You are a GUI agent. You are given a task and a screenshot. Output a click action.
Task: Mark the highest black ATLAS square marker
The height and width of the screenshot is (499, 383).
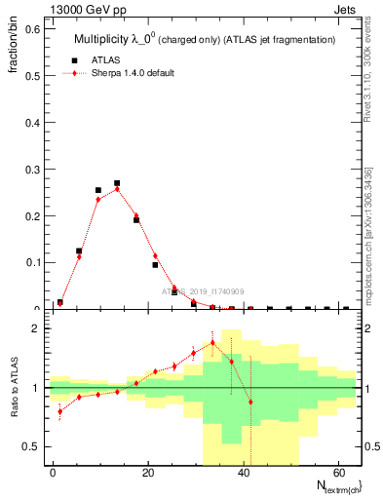coord(117,183)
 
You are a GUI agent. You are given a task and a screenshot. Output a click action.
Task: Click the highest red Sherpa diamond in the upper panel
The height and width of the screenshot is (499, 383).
coord(117,189)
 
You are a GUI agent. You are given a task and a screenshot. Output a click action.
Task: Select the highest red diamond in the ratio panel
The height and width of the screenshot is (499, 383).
coord(212,343)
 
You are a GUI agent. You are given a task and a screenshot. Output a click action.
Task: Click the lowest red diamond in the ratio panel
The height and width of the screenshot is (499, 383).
coord(59,411)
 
